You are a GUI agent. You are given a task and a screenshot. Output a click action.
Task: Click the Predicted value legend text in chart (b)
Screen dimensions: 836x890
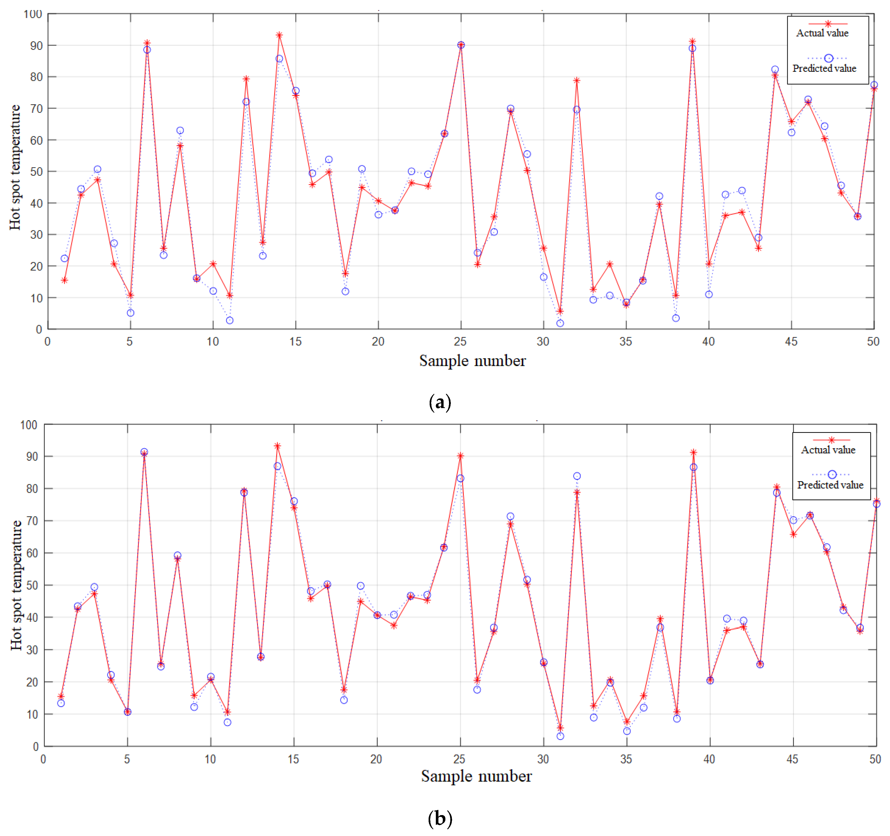(x=830, y=485)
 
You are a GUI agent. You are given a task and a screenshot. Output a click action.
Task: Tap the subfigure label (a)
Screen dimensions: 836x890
(x=440, y=402)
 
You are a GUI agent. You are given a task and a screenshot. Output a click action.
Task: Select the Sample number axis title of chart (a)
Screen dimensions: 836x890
(x=472, y=361)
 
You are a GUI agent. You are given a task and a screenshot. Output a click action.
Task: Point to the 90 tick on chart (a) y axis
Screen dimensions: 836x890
(x=36, y=46)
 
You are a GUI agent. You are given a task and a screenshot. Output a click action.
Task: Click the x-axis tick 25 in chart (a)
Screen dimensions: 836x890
(x=460, y=342)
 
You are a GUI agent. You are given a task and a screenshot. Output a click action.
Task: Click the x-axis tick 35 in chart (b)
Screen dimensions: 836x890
(x=626, y=759)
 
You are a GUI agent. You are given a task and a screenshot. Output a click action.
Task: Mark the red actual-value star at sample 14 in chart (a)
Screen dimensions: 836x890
(x=279, y=35)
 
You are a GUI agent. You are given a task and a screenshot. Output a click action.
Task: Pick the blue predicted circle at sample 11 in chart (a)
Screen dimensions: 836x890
(x=230, y=320)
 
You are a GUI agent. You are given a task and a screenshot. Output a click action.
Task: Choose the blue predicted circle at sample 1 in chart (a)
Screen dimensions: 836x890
(x=65, y=258)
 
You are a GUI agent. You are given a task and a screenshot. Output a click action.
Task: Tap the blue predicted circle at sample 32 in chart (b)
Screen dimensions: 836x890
(x=577, y=476)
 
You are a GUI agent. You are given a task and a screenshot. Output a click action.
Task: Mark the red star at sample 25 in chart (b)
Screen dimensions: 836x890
(x=460, y=456)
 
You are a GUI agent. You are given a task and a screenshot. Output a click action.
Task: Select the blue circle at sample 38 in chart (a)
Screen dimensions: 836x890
(x=676, y=318)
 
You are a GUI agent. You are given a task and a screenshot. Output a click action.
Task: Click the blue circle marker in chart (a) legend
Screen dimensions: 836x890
(x=828, y=58)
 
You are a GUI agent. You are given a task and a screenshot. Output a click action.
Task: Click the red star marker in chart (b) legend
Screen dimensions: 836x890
(x=831, y=440)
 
